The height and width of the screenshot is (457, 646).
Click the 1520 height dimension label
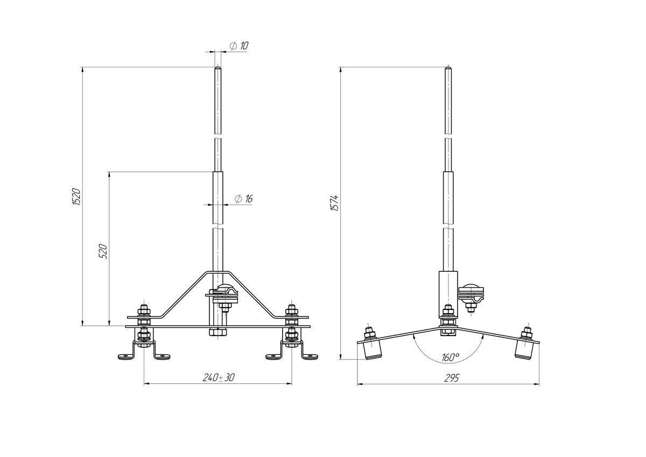pos(76,197)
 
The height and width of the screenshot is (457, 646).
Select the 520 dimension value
pos(103,251)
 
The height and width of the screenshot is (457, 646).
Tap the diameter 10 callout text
pos(239,46)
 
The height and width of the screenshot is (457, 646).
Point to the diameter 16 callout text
pos(244,199)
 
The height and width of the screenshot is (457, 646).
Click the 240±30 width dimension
pos(219,377)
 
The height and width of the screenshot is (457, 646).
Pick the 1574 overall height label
pos(334,203)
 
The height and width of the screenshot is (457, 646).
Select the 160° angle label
pos(450,357)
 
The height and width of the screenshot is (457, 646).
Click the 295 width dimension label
pos(451,378)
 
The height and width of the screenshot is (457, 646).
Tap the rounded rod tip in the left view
pos(217,68)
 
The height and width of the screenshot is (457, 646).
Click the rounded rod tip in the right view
pos(448,68)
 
